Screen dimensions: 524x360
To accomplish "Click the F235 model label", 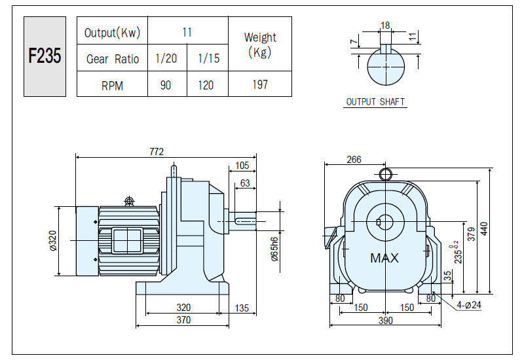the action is coord(45,56).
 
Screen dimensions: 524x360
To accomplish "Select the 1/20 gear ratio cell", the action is coord(166,58).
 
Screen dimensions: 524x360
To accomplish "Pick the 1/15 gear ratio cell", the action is coord(209,58).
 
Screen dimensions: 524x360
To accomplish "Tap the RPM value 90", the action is coord(166,85).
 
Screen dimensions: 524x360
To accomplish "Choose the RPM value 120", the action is coord(206,85).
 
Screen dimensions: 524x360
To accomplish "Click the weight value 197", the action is coord(260,84).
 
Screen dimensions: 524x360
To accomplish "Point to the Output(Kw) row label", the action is coord(112,33).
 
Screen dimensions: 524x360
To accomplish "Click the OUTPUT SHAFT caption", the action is coord(375,101).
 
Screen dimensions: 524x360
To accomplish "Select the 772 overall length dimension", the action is coord(157,152).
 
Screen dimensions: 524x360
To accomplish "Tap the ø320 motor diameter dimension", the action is coord(53,240).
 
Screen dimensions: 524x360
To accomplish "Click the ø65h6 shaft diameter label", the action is coord(274,249).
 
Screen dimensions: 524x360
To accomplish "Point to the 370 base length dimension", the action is coord(183,320).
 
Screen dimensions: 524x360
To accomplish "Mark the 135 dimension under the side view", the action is coord(242,308).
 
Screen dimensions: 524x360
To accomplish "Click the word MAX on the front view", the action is coord(384,258).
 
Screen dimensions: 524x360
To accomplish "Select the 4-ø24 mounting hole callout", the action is coord(469,305).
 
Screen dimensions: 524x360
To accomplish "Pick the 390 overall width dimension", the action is coord(385,321).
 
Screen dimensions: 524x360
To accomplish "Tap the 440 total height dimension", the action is coord(483,228).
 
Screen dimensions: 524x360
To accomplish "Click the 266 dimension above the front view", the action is coord(354,160).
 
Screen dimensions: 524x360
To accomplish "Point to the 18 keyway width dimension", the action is coord(385,26).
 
